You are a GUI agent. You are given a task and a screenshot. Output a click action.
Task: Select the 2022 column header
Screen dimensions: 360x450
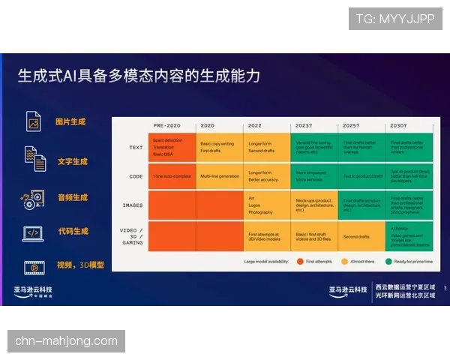(x=255, y=125)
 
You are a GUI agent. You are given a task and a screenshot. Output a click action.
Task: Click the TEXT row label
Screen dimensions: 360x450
(x=136, y=148)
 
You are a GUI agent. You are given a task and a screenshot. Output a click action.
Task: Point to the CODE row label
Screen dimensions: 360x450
(x=136, y=176)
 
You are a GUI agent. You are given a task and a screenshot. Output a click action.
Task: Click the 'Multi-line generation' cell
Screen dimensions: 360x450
(x=219, y=176)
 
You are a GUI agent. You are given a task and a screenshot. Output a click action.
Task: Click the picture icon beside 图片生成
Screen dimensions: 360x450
(x=33, y=121)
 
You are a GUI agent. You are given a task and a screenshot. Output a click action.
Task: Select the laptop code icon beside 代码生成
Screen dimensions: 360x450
(x=33, y=233)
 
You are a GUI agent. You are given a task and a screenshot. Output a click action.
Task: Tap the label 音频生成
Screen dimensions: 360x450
(x=73, y=197)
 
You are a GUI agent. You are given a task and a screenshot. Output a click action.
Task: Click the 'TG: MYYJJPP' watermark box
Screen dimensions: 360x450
(x=395, y=19)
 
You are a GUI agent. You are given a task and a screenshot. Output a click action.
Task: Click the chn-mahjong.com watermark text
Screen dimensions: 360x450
(x=66, y=341)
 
